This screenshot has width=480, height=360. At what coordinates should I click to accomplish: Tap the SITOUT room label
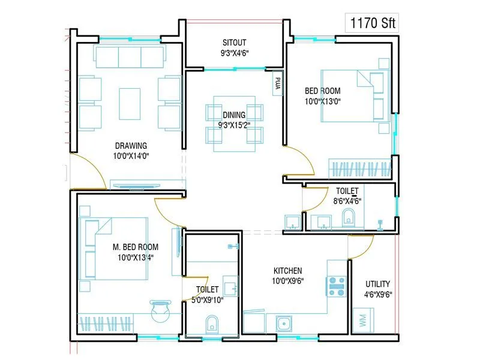pyautogui.click(x=235, y=43)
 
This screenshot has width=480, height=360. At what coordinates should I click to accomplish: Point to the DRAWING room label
pyautogui.click(x=131, y=145)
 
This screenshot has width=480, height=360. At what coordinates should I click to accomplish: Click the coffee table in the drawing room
pyautogui.click(x=130, y=103)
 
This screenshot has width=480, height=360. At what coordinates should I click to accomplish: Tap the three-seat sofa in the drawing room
pyautogui.click(x=130, y=57)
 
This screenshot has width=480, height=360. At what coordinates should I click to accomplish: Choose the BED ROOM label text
pyautogui.click(x=322, y=91)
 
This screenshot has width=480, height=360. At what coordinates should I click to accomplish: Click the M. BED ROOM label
pyautogui.click(x=136, y=247)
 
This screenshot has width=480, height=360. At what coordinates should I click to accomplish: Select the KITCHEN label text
pyautogui.click(x=287, y=271)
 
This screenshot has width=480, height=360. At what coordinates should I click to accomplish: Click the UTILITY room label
pyautogui.click(x=377, y=284)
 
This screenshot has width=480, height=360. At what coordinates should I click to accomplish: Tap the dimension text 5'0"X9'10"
pyautogui.click(x=207, y=300)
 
